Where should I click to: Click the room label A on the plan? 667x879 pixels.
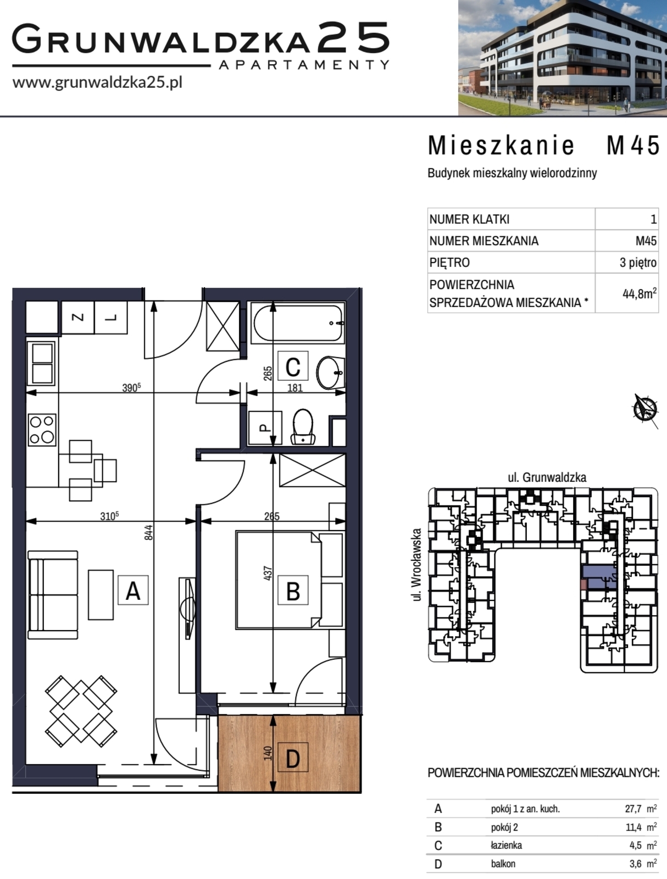coord(133,590)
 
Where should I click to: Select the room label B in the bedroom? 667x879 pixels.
coord(293,590)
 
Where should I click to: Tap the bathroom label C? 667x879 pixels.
coord(293,366)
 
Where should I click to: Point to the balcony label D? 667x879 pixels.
coord(293,757)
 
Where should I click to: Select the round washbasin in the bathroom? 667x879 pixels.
coord(330,372)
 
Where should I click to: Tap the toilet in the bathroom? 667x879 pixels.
coord(303,426)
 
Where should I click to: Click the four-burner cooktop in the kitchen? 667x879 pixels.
coord(42,430)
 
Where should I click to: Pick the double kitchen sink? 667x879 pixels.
coord(41,363)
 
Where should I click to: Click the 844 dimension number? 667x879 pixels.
coord(148,532)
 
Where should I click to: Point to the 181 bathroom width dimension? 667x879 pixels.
coord(295,388)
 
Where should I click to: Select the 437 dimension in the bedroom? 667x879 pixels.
coord(268,573)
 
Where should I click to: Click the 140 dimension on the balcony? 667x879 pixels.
coord(268,753)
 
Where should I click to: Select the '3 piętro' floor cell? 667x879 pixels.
coord(638,262)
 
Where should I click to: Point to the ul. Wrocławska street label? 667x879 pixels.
coord(417,565)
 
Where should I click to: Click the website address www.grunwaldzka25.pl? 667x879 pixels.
coord(97,82)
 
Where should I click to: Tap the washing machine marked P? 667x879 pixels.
coord(265,427)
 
